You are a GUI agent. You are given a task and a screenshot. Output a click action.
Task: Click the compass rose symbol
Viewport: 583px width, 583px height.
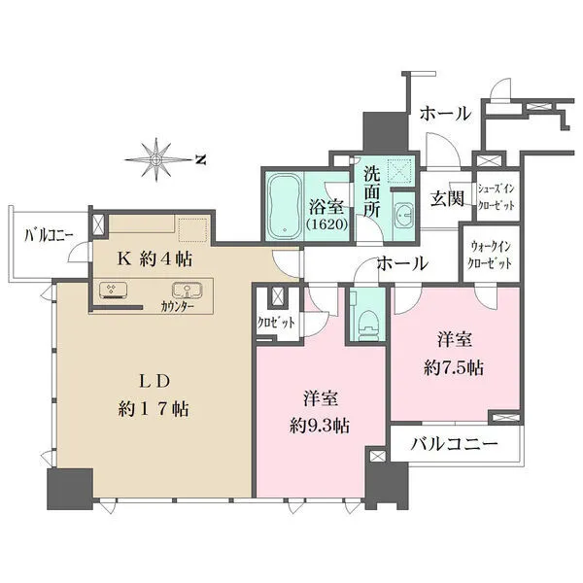(156, 160)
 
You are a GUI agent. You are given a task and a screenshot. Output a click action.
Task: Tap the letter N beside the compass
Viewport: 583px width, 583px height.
(201, 160)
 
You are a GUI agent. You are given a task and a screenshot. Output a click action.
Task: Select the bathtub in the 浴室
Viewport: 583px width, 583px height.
(285, 206)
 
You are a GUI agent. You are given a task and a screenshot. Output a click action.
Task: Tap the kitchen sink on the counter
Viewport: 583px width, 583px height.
(187, 290)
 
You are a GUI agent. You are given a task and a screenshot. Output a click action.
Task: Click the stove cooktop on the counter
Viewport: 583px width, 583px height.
(113, 291)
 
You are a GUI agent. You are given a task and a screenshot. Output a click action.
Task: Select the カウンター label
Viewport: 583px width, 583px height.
(178, 307)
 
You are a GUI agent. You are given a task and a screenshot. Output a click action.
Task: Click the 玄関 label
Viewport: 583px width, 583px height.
(447, 199)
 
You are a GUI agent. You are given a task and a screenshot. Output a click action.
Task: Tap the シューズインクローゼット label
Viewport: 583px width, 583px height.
(496, 197)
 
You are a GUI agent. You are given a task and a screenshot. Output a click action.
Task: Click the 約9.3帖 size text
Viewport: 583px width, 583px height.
(320, 426)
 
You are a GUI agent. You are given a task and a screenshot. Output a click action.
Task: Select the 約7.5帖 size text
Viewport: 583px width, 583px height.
(454, 368)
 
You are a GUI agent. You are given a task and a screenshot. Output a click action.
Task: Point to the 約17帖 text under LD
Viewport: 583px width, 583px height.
(154, 409)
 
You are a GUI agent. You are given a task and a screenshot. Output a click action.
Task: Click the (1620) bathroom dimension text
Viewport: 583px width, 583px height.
(327, 224)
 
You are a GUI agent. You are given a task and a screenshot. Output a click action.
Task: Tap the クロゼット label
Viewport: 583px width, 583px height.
(276, 323)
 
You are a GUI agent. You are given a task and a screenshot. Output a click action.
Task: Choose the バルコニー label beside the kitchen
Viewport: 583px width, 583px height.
(49, 235)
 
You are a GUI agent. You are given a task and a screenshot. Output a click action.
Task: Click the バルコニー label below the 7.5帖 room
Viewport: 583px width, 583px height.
(454, 444)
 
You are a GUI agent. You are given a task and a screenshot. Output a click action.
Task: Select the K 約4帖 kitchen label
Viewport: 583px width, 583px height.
(155, 258)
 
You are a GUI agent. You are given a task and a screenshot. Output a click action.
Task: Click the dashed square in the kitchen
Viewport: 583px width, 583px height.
(192, 230)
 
